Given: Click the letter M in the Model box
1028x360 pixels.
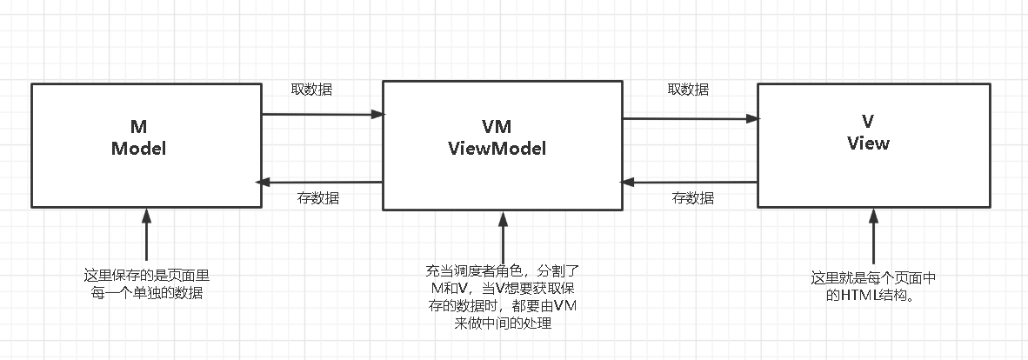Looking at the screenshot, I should [138, 128].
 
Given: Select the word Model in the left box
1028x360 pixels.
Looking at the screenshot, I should [138, 148].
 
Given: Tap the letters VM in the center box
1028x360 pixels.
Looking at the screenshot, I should [497, 128].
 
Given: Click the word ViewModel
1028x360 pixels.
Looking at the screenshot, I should [497, 148].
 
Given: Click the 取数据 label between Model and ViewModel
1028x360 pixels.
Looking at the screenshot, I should [310, 90].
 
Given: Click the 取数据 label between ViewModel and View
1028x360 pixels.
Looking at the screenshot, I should [687, 90].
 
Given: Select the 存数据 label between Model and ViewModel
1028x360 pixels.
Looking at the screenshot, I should [318, 198].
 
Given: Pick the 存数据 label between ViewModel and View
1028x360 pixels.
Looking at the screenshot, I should [692, 198].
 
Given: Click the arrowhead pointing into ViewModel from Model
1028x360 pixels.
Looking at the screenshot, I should [377, 114].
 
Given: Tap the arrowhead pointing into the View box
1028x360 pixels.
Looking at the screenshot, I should [751, 119].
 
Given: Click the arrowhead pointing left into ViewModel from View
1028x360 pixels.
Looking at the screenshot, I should [626, 182].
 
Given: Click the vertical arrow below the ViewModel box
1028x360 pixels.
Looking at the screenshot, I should [502, 239].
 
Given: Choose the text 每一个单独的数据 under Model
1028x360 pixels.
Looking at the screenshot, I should [146, 294].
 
